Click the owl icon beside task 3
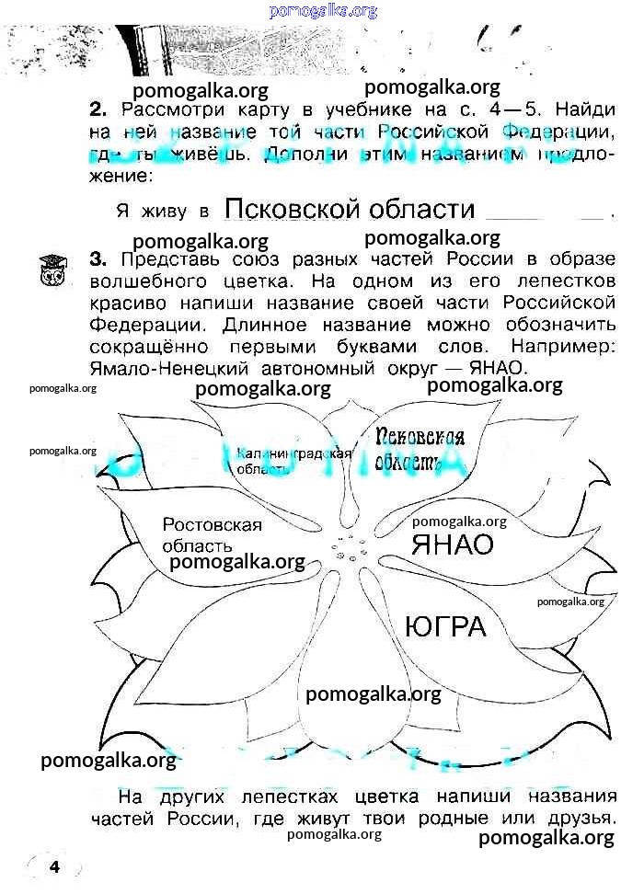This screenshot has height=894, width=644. (x=48, y=269)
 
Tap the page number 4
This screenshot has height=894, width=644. (x=54, y=866)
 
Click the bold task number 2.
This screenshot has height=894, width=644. (x=100, y=109)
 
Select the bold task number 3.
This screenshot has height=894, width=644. (x=100, y=260)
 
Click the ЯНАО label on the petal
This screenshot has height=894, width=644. (x=452, y=544)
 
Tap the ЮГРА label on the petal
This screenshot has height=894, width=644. (x=444, y=627)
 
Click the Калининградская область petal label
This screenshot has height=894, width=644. (x=294, y=460)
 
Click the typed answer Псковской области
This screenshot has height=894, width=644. (x=350, y=210)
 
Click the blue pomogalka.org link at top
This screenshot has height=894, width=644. (x=323, y=10)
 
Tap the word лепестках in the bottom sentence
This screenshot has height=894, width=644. (x=300, y=797)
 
